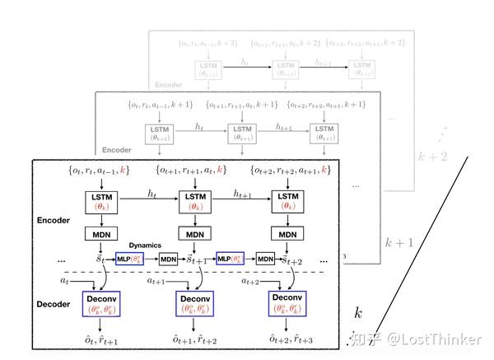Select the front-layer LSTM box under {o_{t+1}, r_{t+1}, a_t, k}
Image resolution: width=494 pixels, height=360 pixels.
click(x=193, y=202)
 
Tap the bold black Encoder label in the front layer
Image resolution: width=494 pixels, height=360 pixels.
click(x=54, y=222)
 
